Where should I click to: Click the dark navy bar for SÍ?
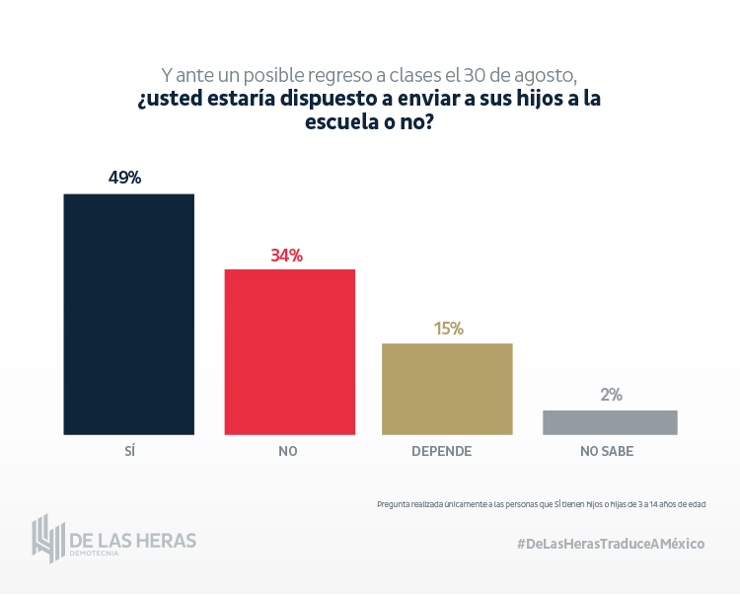[x=128, y=314]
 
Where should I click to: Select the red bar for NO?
[x=289, y=351]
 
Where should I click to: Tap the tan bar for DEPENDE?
[x=447, y=389]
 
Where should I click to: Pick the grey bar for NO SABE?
[x=610, y=422]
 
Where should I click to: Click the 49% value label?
[x=125, y=178]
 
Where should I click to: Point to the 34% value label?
[x=286, y=256]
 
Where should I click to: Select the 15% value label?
[x=448, y=329]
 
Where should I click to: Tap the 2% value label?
[x=611, y=395]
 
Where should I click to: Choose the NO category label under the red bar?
[x=288, y=451]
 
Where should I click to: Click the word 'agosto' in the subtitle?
[x=540, y=75]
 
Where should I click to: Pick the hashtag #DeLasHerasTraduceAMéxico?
[x=611, y=544]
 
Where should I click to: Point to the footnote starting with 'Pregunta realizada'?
[x=542, y=503]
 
